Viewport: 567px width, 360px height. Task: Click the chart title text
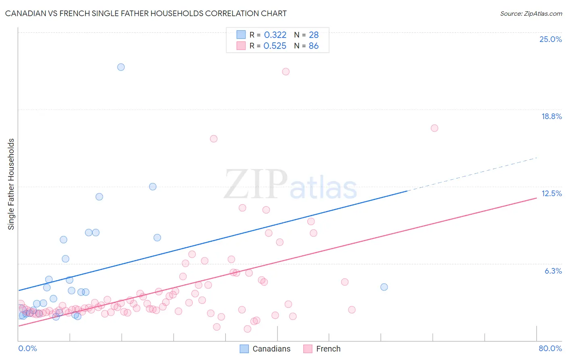tap(146, 13)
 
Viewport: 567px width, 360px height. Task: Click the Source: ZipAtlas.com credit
tap(531, 13)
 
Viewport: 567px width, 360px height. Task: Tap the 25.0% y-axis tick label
tap(550, 39)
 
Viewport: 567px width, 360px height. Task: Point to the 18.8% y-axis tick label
tap(551, 116)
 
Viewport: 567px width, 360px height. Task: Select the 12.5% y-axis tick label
tap(551, 193)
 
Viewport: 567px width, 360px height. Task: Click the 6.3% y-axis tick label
tap(553, 271)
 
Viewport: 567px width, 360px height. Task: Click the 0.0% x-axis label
tap(27, 348)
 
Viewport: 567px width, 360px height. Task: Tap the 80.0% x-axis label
tap(550, 348)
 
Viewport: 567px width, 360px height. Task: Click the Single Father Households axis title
tap(11, 184)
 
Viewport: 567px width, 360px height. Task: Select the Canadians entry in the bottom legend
tap(271, 349)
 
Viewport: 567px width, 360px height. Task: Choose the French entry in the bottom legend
tap(328, 349)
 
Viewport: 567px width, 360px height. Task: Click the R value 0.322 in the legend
tap(275, 35)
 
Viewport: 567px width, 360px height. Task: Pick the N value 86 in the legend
tap(313, 46)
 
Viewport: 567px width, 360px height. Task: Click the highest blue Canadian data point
tap(121, 67)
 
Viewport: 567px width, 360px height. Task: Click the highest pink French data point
tap(286, 71)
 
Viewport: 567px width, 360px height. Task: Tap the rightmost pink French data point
tap(434, 128)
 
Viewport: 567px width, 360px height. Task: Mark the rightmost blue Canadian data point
tap(384, 287)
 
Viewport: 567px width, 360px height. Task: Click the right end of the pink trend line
tap(536, 198)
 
